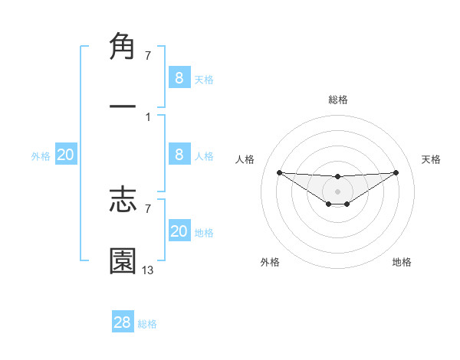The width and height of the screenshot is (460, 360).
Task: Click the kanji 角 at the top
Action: tap(123, 47)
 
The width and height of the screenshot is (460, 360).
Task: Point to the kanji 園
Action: tap(123, 260)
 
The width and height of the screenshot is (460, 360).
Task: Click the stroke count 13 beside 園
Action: tap(148, 270)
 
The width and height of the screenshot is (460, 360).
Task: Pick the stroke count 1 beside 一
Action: tap(147, 116)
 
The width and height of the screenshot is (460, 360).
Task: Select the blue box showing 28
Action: tap(123, 322)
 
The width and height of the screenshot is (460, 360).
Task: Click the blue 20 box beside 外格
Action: tap(65, 155)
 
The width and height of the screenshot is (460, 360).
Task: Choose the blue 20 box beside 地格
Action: tap(179, 231)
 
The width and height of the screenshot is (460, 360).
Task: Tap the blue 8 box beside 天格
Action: tap(179, 78)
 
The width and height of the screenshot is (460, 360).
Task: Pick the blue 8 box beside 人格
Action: tap(179, 155)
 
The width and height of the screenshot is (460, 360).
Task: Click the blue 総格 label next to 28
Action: tap(147, 324)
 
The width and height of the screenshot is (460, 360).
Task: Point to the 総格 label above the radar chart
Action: tap(337, 100)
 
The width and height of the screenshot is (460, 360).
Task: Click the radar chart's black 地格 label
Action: tap(402, 262)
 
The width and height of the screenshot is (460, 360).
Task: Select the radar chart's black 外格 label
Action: tap(270, 262)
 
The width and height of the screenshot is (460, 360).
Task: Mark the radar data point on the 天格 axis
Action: tap(396, 172)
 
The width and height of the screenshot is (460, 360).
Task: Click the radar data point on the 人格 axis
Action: tap(279, 172)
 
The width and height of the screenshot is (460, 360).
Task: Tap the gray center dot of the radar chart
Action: tap(337, 191)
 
